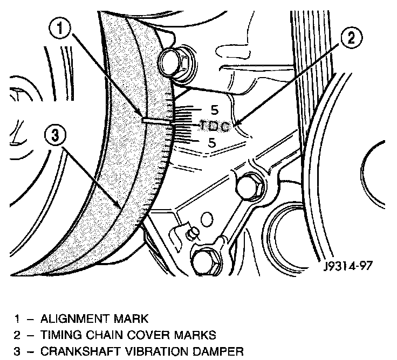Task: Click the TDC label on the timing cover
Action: pyautogui.click(x=215, y=127)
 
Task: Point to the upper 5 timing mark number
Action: pyautogui.click(x=214, y=111)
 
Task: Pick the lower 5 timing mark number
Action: pyautogui.click(x=212, y=142)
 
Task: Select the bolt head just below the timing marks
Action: pyautogui.click(x=249, y=186)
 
